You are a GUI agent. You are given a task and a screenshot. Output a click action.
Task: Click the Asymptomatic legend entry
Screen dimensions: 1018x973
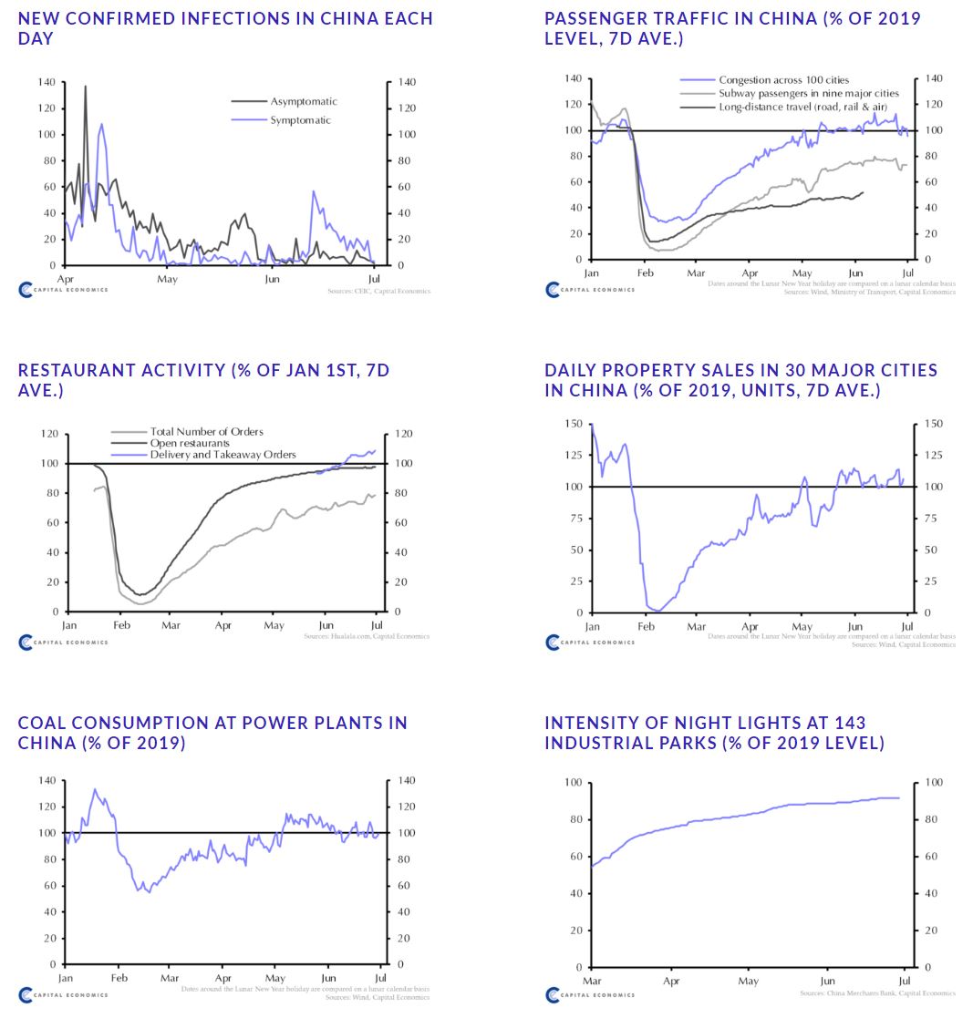(303, 102)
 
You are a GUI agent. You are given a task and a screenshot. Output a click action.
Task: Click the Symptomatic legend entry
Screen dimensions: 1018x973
(300, 120)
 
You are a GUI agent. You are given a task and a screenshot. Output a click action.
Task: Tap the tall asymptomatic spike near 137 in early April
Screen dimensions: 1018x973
(86, 87)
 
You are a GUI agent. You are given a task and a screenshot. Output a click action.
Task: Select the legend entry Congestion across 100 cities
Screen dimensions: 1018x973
(783, 80)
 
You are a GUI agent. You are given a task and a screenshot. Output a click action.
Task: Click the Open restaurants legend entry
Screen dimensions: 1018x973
(190, 443)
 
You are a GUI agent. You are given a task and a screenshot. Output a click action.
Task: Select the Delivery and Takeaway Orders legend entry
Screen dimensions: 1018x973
(223, 455)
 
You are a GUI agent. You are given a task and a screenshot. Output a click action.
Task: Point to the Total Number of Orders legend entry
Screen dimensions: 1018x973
(206, 432)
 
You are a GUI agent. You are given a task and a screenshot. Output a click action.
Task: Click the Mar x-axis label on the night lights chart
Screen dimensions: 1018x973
(593, 982)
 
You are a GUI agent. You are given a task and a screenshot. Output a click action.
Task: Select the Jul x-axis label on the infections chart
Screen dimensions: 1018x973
(375, 279)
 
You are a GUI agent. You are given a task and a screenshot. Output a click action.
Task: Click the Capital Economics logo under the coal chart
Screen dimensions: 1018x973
(63, 995)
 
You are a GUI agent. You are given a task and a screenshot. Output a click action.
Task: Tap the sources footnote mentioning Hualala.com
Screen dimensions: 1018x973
(366, 636)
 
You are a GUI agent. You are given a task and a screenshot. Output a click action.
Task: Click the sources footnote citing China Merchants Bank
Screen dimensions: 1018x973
(877, 993)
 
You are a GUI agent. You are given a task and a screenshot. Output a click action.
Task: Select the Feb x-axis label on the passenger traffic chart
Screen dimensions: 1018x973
(645, 273)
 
